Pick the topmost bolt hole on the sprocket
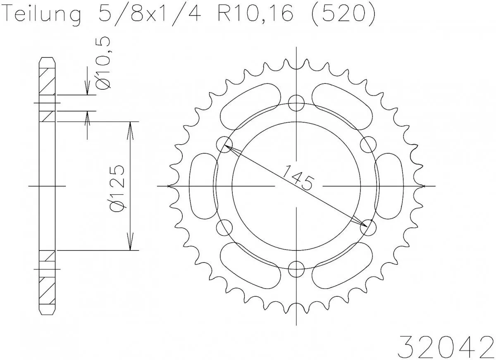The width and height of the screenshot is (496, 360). pyautogui.click(x=296, y=103)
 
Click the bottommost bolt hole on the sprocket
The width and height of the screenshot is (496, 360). pyautogui.click(x=296, y=269)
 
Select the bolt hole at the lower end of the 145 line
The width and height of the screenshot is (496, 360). pyautogui.click(x=368, y=227)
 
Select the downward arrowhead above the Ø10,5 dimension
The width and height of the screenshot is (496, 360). pyautogui.click(x=87, y=89)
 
